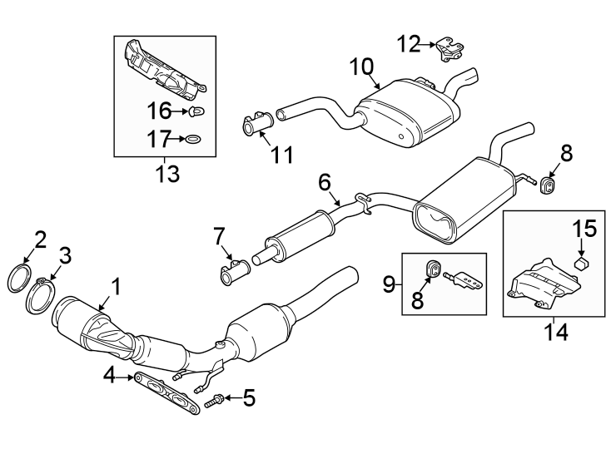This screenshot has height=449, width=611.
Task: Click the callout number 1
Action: click(117, 287)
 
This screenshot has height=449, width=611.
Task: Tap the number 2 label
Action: click(40, 241)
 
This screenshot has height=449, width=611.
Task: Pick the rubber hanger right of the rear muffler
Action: click(549, 185)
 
